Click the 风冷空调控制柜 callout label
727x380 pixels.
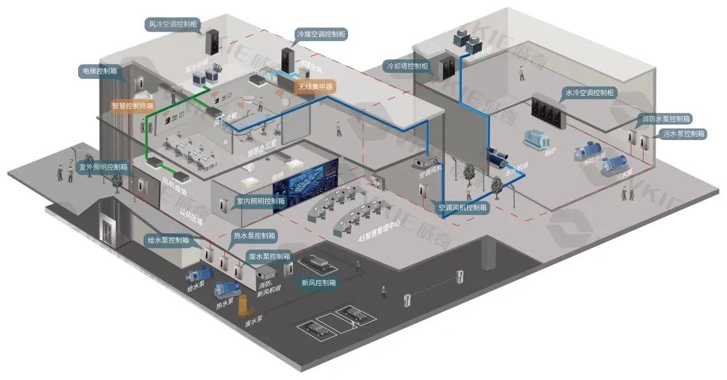(x=173, y=25)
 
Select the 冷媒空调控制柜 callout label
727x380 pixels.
(x=321, y=33)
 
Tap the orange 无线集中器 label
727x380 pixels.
(x=316, y=86)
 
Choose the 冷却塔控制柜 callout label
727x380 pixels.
(x=407, y=67)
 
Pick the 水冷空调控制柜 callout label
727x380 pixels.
(x=589, y=93)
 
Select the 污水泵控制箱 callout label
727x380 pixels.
(x=683, y=134)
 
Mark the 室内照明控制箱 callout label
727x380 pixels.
(x=261, y=201)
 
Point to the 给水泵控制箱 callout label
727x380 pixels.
(x=168, y=240)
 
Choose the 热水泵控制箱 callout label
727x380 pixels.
(x=254, y=236)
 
